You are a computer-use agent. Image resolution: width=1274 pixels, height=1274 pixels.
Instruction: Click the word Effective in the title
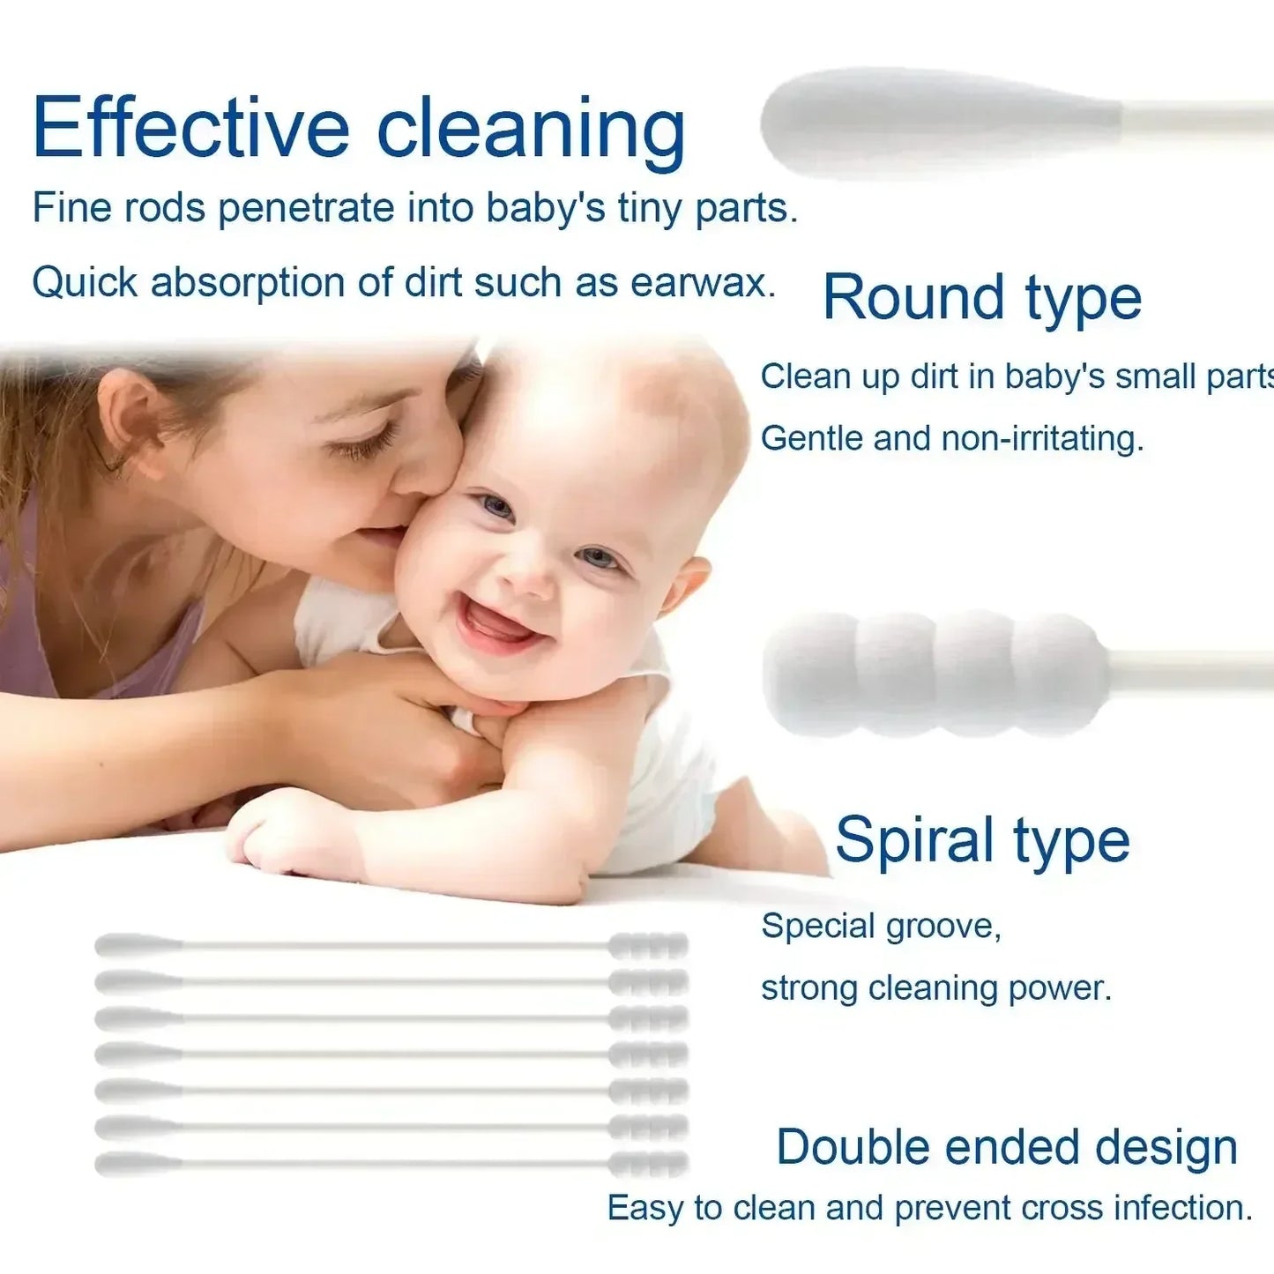[x=190, y=129]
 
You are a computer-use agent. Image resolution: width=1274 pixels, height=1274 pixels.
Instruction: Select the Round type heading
[x=981, y=298]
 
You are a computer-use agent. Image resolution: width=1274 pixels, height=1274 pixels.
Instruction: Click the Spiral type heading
[x=981, y=839]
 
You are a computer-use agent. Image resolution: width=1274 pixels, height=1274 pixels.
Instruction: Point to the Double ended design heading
[x=1007, y=1147]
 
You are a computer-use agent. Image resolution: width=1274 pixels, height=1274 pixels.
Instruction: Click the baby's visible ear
[x=685, y=583]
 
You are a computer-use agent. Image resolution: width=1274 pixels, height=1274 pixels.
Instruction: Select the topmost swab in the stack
[x=391, y=946]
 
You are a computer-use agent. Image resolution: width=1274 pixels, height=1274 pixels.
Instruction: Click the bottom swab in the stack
[x=391, y=1164]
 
